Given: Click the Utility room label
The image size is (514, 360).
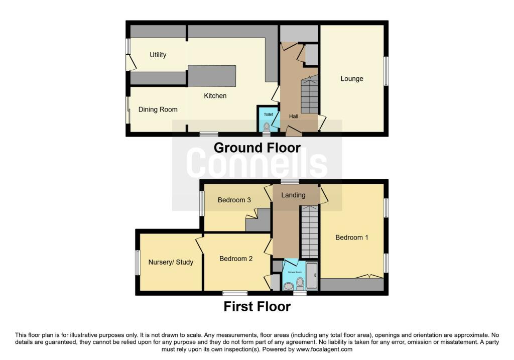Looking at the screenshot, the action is click(x=158, y=55).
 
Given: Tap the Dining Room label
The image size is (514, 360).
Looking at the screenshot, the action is click(x=158, y=109).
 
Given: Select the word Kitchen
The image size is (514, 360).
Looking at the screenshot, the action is click(x=215, y=96).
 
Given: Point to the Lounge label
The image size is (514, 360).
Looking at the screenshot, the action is click(x=352, y=79).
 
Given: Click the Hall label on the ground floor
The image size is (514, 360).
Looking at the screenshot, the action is click(x=294, y=116).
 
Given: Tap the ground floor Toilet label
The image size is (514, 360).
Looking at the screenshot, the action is click(x=269, y=114).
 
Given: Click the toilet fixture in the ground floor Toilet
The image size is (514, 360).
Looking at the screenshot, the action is click(x=267, y=127).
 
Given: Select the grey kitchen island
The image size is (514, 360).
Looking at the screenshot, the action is click(x=212, y=76).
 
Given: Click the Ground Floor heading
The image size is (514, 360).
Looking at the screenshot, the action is click(x=257, y=148).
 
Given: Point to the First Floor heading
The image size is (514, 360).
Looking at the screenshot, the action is click(x=257, y=307).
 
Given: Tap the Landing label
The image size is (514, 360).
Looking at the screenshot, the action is click(x=293, y=195).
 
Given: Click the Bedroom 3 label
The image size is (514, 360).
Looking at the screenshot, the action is click(x=234, y=200).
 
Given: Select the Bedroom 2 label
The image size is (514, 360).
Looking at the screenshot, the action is click(x=236, y=259).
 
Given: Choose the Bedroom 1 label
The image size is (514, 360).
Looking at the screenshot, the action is click(x=352, y=237).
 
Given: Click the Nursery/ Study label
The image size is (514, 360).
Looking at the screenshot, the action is click(x=171, y=262).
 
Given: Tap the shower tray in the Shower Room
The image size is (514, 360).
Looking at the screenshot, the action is click(x=312, y=276).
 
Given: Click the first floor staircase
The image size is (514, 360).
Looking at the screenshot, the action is click(x=309, y=231).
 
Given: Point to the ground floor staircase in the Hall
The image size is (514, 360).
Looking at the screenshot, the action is click(x=310, y=94).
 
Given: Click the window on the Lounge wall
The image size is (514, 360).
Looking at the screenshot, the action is click(x=387, y=71).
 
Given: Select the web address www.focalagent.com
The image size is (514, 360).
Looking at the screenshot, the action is click(x=324, y=349).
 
